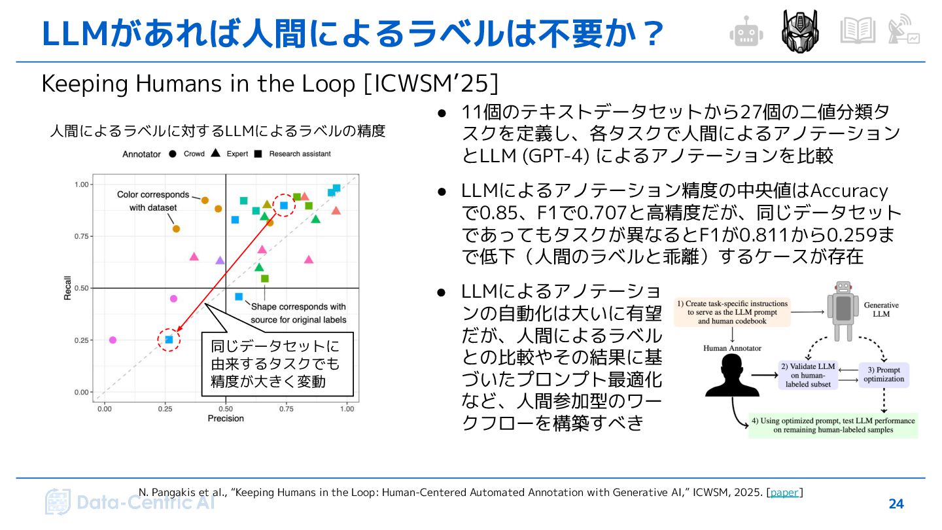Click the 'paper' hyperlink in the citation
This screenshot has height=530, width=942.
tap(784, 492)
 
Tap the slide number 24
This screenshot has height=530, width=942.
tap(896, 504)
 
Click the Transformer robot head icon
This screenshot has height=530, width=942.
tap(800, 31)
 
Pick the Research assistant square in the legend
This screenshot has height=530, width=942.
tap(258, 154)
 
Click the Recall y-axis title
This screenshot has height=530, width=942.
tap(67, 288)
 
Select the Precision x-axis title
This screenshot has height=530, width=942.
tap(226, 419)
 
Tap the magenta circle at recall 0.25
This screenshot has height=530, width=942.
tap(113, 340)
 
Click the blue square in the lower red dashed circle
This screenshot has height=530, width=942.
tap(169, 340)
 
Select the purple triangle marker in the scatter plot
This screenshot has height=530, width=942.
tap(220, 260)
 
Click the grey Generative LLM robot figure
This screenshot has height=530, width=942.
tap(843, 311)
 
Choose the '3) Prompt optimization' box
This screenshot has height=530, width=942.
tap(883, 374)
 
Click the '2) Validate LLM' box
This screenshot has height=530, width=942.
tap(808, 375)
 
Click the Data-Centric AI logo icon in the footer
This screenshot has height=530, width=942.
tap(58, 502)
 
